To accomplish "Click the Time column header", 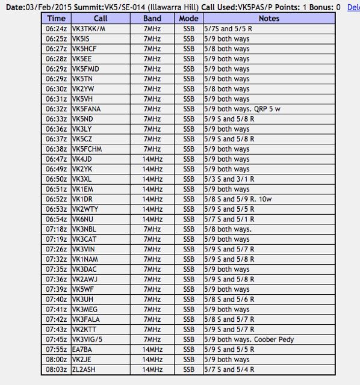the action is pos(57,19).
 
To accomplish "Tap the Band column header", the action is pos(152,19).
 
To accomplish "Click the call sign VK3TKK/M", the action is pos(88,29).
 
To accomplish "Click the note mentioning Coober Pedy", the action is pos(247,339).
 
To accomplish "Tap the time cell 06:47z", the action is pos(57,159).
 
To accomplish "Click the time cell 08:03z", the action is pos(57,369).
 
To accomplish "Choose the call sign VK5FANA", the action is pos(86,109).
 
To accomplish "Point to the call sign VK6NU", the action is pos(82,219).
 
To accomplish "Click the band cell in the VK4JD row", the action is pos(152,159).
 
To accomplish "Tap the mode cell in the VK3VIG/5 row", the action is pos(189,339).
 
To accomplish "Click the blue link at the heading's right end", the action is pos(353,7).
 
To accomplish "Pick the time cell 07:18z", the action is pos(57,229).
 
